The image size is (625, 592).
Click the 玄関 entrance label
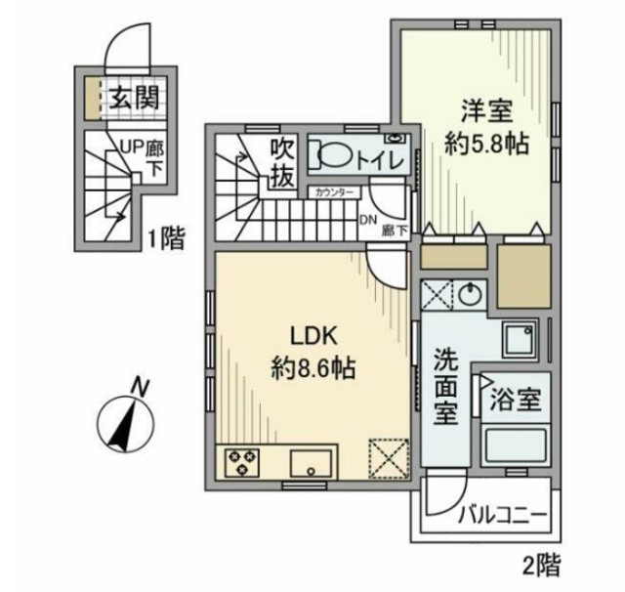coord(133,98)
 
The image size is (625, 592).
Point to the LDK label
coord(312,335)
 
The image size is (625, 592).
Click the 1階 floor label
coord(165,238)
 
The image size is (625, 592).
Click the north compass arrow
coord(123,423)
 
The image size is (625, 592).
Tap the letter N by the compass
coord(142,388)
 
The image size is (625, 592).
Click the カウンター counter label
coord(335,193)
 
